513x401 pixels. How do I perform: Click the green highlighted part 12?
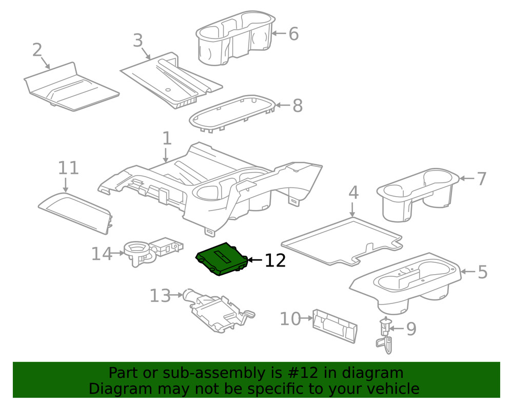click(x=222, y=259)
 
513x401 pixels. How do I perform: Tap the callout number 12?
click(x=275, y=260)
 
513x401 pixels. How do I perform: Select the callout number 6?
click(x=293, y=34)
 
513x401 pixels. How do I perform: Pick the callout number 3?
click(x=137, y=41)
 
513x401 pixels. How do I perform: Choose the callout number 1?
click(x=166, y=138)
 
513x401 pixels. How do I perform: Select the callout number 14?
click(x=101, y=254)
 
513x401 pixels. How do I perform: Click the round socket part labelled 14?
click(x=137, y=253)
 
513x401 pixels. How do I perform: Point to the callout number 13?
click(x=160, y=296)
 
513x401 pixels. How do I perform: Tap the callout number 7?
click(x=481, y=179)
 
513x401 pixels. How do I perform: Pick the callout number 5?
click(x=482, y=273)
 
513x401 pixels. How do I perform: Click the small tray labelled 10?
click(x=335, y=325)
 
